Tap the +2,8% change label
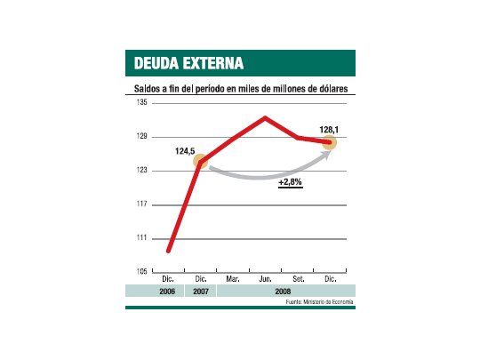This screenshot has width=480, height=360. [290, 182]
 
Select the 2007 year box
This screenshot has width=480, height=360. [201, 291]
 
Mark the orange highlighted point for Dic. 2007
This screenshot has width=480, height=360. [201, 161]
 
